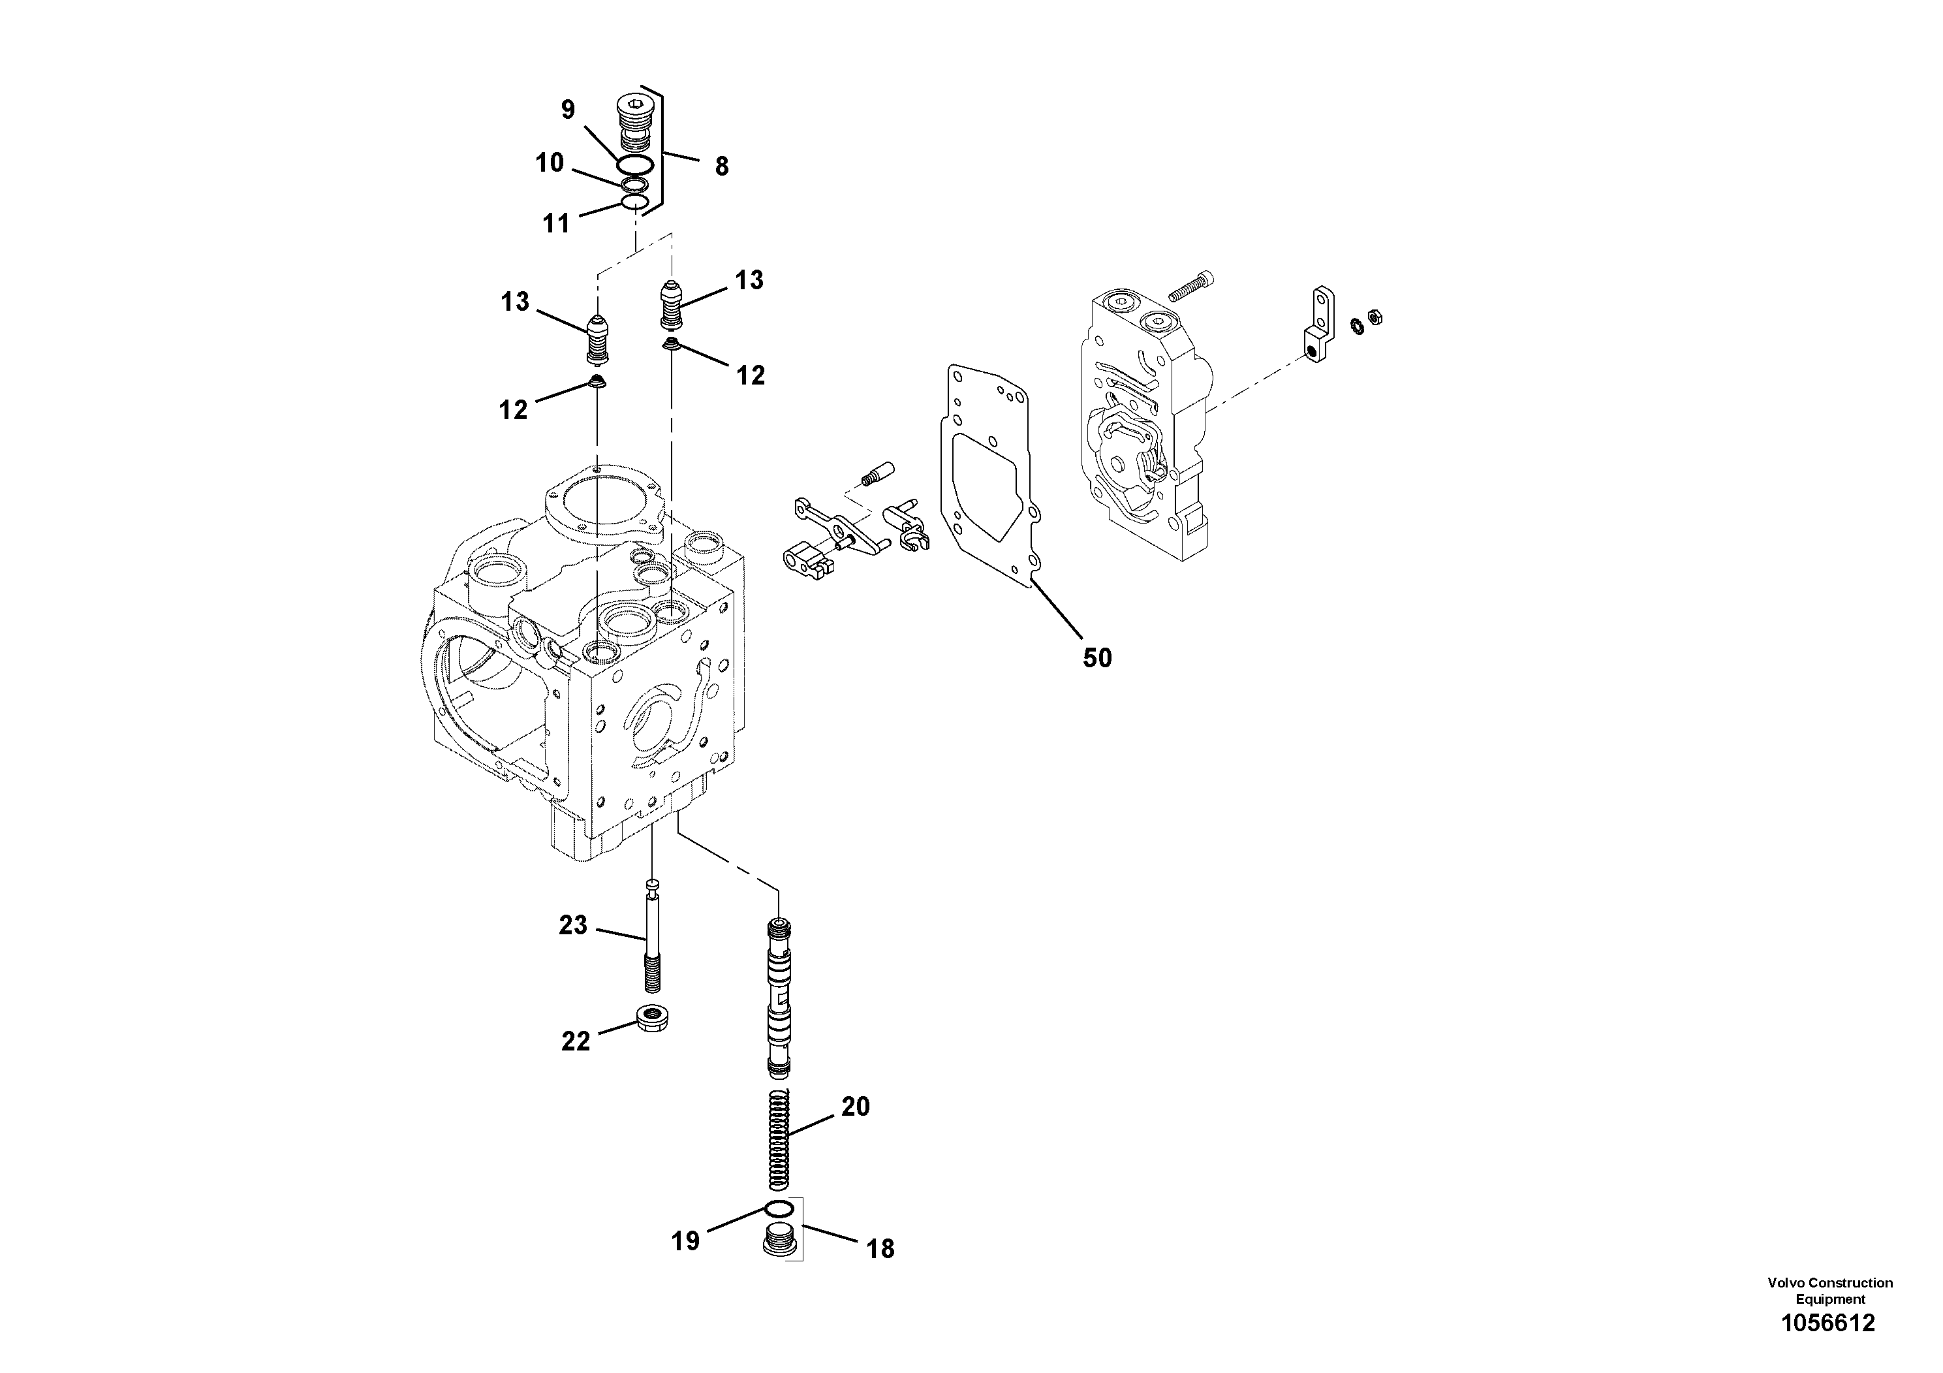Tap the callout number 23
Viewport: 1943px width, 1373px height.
pyautogui.click(x=573, y=925)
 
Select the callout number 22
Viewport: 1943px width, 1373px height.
pyautogui.click(x=576, y=1041)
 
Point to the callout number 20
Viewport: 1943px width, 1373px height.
pyautogui.click(x=856, y=1107)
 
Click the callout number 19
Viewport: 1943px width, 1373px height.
pyautogui.click(x=685, y=1241)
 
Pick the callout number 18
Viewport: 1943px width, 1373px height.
pyautogui.click(x=880, y=1248)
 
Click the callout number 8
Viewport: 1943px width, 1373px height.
pyautogui.click(x=721, y=166)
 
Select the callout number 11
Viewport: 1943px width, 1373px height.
pyautogui.click(x=556, y=223)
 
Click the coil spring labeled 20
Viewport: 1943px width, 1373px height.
pyautogui.click(x=779, y=1141)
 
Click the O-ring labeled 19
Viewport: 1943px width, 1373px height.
pyautogui.click(x=779, y=1207)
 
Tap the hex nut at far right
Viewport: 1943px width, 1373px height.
pyautogui.click(x=1376, y=317)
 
